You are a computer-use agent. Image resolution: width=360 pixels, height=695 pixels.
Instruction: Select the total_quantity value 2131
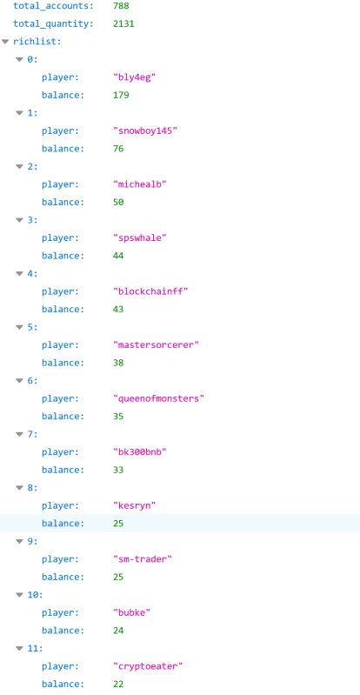123,24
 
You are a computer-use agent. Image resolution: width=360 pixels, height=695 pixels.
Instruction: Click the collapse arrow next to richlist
5,42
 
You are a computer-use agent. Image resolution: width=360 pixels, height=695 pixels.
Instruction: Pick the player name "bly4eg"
134,77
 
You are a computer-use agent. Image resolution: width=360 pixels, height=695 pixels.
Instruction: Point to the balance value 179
121,96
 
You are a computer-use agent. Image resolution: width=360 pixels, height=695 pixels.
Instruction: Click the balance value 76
118,149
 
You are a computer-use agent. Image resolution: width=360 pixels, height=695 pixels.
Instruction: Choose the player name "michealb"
140,184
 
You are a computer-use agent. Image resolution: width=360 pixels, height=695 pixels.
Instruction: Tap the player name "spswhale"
140,238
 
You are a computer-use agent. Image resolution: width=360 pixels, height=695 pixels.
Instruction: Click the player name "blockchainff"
150,291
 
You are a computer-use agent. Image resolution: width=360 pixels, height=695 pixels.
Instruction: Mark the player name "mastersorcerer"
156,344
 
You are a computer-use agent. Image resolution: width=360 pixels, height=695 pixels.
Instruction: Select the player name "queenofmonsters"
159,398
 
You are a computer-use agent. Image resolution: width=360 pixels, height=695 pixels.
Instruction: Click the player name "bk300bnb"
140,452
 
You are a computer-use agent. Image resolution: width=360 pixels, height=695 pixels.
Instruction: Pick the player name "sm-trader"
143,559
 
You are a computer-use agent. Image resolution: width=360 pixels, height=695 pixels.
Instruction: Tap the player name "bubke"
131,613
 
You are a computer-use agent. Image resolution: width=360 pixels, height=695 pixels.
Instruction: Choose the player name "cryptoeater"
148,666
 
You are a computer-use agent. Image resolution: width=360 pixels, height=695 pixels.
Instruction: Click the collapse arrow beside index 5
19,327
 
